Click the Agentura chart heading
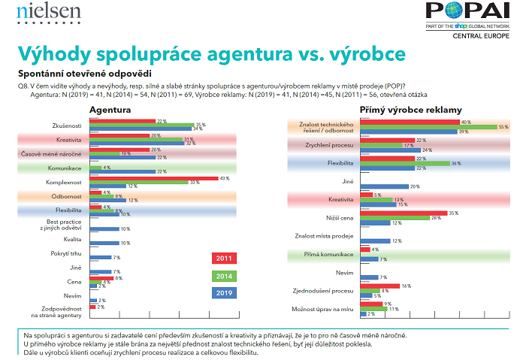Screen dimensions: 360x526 pos(110,110)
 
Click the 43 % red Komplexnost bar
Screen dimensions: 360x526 pos(151,177)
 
